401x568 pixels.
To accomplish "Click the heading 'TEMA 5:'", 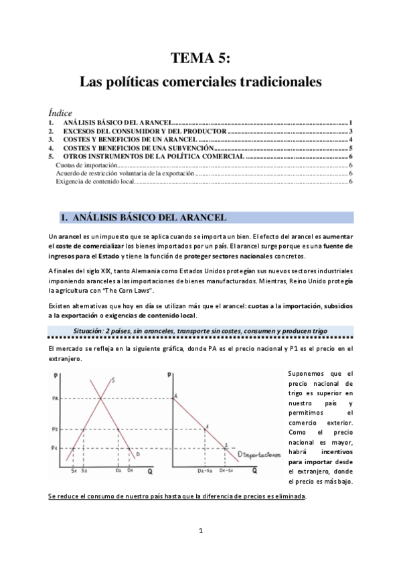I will coord(200,58).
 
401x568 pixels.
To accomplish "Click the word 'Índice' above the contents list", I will coord(60,113).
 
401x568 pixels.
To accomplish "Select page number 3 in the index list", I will coord(351,132).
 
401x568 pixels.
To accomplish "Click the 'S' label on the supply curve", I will coord(114,380).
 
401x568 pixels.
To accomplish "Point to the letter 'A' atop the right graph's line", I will coord(175,397).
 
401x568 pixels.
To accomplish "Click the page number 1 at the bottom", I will coord(200,531).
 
